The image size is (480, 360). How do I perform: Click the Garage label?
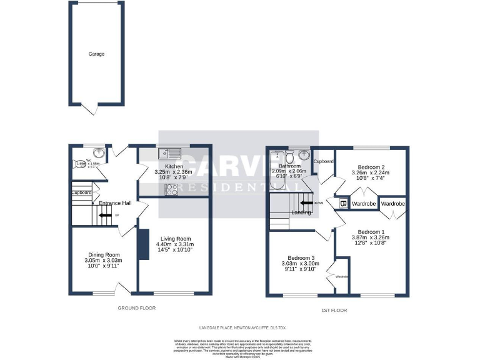[96, 54]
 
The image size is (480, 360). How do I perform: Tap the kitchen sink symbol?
[169, 152]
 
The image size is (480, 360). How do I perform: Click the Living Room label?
[175, 238]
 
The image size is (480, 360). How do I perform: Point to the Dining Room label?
[104, 254]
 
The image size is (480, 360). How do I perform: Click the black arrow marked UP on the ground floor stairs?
[106, 216]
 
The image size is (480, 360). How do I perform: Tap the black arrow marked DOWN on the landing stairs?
[306, 202]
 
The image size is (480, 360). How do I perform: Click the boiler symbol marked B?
[342, 204]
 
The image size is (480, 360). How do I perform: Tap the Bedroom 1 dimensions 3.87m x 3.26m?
[371, 237]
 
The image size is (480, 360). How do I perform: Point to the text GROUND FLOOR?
[137, 308]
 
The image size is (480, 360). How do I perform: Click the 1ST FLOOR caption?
[334, 310]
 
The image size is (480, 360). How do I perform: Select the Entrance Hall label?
[112, 202]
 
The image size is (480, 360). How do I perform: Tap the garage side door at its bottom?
[91, 110]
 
